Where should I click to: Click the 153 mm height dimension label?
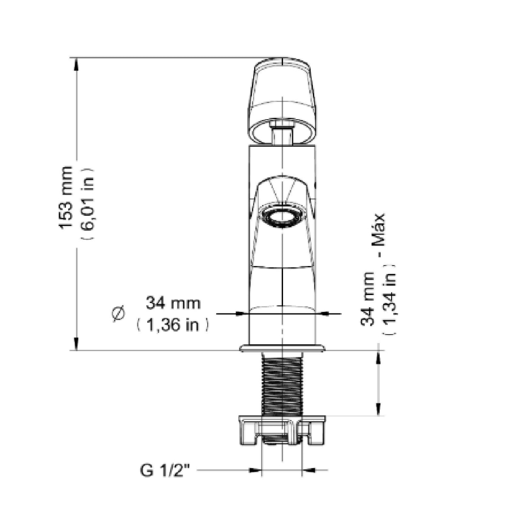point(66,197)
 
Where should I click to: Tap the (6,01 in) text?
point(88,203)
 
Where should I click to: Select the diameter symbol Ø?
point(119,315)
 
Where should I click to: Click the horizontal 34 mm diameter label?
point(173,303)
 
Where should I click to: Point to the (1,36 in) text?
point(172,325)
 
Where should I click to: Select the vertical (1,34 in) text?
point(389,300)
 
